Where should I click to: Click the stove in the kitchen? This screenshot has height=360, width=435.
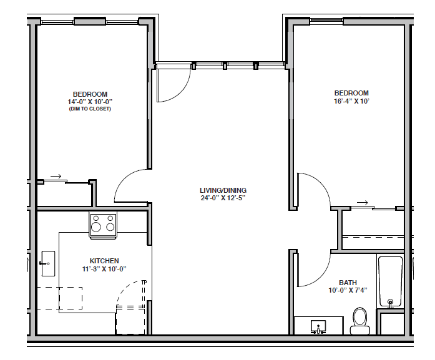(x=103, y=223)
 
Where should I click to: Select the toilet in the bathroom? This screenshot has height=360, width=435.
(x=359, y=318)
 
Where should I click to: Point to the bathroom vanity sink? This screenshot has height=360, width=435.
(x=319, y=326)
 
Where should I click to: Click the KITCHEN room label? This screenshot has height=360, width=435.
(x=104, y=261)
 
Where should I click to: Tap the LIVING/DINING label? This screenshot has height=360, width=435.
(x=223, y=190)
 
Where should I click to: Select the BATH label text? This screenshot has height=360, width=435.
(x=348, y=282)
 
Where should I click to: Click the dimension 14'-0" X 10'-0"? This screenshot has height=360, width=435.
(x=90, y=102)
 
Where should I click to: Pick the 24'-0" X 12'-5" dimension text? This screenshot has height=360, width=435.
(x=223, y=198)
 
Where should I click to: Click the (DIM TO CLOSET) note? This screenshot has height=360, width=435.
(x=90, y=109)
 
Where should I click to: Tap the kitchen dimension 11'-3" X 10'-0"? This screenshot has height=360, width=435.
(x=104, y=269)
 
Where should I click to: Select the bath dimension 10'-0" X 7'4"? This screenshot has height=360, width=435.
(x=348, y=290)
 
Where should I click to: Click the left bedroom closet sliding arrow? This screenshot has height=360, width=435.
(x=56, y=177)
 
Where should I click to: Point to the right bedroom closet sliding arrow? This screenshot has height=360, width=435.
(x=361, y=203)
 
